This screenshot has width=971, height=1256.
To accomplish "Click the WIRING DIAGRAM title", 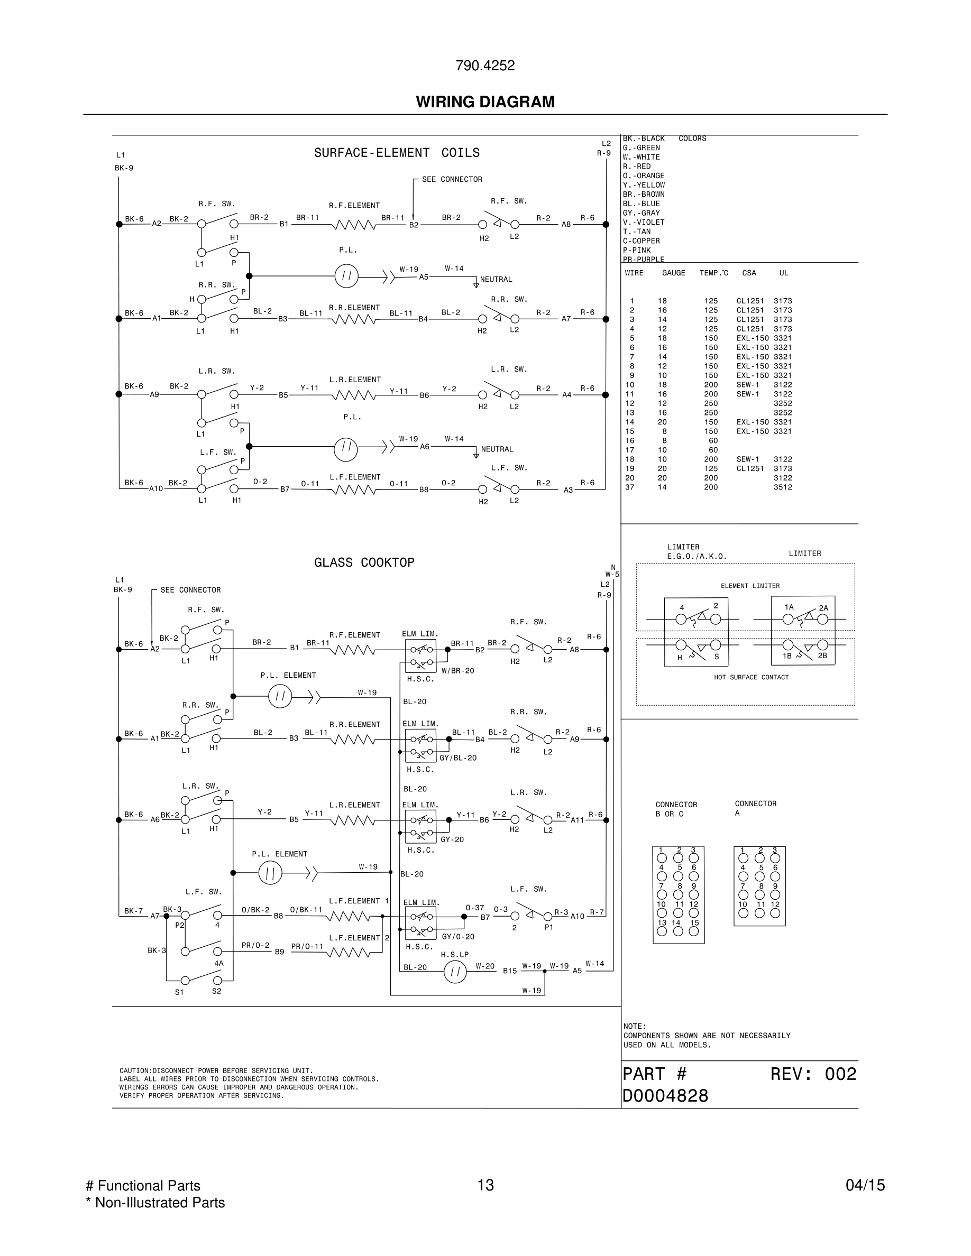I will (x=485, y=102).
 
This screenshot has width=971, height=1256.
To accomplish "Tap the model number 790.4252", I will (x=485, y=66).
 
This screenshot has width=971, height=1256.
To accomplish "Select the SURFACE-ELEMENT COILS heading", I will (x=396, y=153).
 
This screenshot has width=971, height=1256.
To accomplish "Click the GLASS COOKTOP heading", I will (x=364, y=562).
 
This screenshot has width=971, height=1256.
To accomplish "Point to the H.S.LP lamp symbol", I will (x=455, y=972).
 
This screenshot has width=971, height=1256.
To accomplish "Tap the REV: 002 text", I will (x=813, y=1074).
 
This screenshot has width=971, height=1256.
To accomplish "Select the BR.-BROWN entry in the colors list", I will (x=643, y=195).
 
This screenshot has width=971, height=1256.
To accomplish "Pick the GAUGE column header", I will (x=673, y=273).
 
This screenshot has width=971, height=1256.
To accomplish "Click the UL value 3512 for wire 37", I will (x=782, y=487).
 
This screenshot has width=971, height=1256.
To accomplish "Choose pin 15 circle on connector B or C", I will (x=694, y=931).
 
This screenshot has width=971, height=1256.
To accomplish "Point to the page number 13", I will (x=485, y=1185).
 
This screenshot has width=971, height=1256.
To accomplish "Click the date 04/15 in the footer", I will (x=865, y=1185).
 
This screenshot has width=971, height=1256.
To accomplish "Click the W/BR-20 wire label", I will (x=458, y=671).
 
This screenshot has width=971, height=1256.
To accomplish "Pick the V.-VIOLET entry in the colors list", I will (x=643, y=223).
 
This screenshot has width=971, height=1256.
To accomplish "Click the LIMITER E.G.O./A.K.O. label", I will (x=697, y=551).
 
